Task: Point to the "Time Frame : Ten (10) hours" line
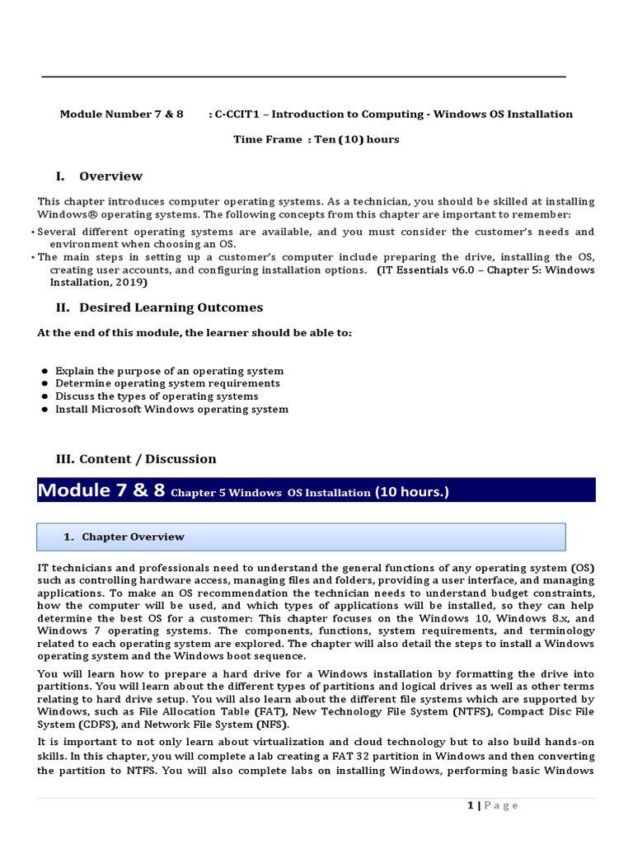point(316,139)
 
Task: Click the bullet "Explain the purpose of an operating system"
point(169,371)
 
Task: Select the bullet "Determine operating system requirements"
point(167,383)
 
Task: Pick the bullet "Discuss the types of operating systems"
point(157,396)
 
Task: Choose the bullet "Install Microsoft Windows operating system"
point(171,409)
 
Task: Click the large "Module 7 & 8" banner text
point(101,490)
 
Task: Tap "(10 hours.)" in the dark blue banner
point(412,492)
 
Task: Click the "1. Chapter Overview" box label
point(124,537)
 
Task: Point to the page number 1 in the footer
point(469,805)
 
